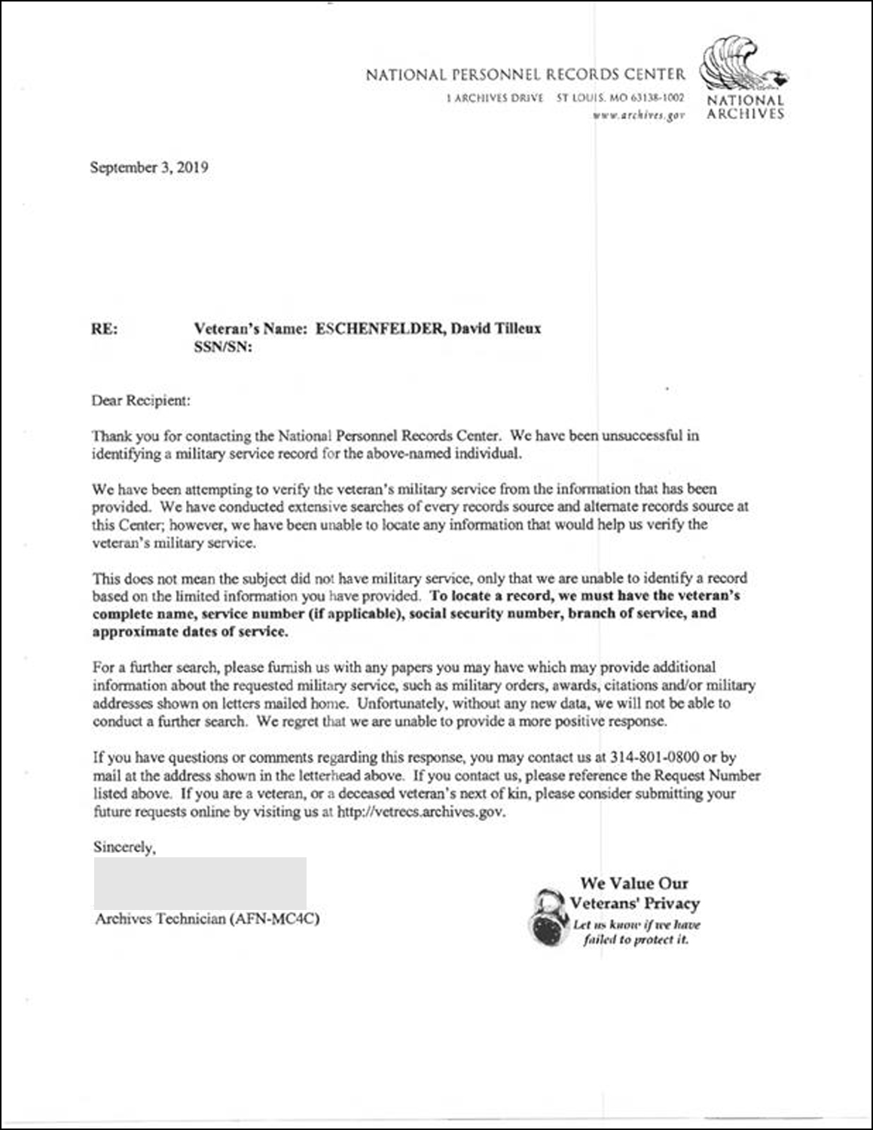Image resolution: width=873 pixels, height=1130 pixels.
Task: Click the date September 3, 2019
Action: point(149,167)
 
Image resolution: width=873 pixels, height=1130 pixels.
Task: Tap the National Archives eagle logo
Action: point(739,67)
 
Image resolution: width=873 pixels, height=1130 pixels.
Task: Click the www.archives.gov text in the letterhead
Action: point(638,115)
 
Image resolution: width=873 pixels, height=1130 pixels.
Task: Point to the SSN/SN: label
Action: point(222,347)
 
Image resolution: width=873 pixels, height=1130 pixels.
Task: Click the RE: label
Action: point(104,328)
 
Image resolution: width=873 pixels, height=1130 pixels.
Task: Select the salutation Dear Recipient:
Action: point(141,401)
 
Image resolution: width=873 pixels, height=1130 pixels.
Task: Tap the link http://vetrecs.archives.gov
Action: point(421,812)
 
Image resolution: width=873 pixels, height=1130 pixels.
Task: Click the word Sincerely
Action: point(124,847)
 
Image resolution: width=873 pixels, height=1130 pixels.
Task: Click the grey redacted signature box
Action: point(200,882)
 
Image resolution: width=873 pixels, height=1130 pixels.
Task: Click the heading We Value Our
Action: point(634,883)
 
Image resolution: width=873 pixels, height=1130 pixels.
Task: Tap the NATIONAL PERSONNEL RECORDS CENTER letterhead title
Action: point(526,75)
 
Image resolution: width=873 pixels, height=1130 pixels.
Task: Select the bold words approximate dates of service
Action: point(190,632)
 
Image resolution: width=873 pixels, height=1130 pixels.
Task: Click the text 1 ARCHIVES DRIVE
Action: point(495,98)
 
